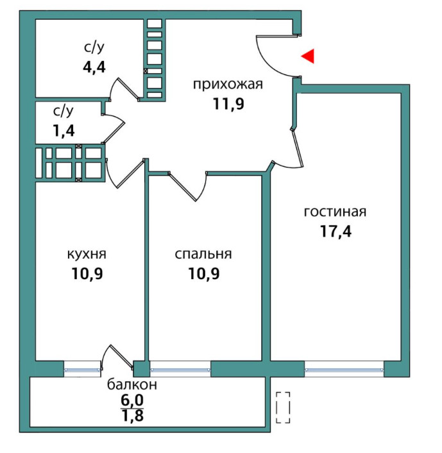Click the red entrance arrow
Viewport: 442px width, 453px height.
tap(308, 56)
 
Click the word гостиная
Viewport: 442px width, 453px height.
tap(336, 212)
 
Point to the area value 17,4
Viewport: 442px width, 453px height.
tap(336, 231)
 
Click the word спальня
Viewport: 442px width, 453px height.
tap(203, 254)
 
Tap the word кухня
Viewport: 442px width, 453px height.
tap(87, 254)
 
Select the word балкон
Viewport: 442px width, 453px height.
tap(132, 385)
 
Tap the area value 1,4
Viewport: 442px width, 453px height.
tap(64, 132)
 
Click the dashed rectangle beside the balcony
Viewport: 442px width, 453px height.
tap(283, 407)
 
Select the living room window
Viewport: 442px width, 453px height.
tap(344, 369)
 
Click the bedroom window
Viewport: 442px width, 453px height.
tap(180, 369)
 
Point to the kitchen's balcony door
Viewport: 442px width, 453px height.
tap(119, 356)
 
